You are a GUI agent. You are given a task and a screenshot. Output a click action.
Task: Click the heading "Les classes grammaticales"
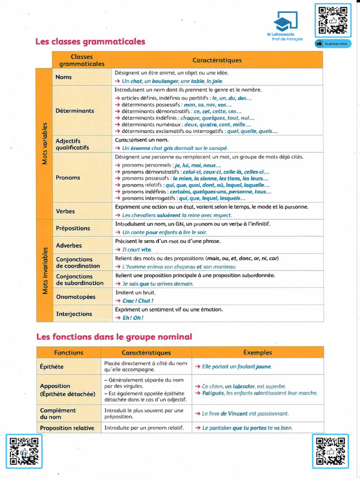tap(90, 42)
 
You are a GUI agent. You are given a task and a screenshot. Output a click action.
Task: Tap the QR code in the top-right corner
tap(332, 20)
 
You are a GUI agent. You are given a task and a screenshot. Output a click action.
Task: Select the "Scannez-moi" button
tap(332, 44)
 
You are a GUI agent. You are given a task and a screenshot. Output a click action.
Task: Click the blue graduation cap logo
tap(285, 22)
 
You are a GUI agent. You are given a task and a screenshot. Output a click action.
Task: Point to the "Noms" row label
tap(64, 77)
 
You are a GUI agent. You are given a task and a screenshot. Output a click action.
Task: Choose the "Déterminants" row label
tap(75, 111)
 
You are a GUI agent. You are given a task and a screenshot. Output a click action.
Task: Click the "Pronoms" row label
tap(68, 178)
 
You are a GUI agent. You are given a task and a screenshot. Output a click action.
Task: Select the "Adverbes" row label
tap(69, 246)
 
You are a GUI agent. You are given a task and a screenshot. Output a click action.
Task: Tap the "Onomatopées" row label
tap(75, 297)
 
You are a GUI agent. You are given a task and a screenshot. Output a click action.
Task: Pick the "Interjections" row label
tap(74, 314)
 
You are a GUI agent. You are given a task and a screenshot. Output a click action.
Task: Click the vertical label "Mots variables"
tap(45, 143)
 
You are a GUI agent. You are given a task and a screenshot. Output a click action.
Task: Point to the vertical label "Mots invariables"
tap(45, 271)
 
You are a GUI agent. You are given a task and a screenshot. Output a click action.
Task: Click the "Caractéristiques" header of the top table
tap(217, 60)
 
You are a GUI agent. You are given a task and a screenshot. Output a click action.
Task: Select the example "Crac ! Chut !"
tap(137, 301)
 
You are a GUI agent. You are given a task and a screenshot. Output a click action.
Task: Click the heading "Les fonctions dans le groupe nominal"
tap(114, 336)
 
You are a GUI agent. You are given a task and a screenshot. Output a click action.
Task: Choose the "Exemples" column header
tap(257, 352)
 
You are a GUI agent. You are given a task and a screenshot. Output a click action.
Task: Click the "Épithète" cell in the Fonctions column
tap(52, 367)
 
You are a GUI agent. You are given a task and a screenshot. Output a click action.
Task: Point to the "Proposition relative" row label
tap(67, 428)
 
